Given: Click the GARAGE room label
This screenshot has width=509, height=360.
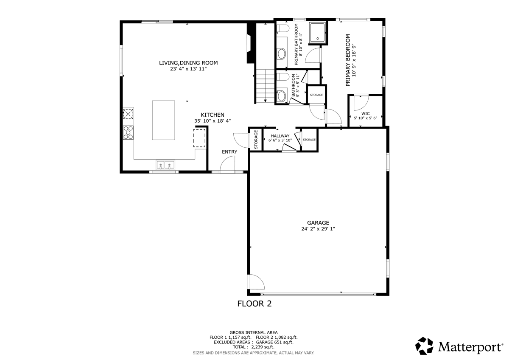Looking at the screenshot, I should [318, 222].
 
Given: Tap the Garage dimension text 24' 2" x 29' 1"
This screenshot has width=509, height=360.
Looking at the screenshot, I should [318, 229].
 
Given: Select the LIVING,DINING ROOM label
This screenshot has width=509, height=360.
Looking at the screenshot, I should [188, 63].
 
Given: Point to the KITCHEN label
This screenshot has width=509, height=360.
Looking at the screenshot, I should [213, 115].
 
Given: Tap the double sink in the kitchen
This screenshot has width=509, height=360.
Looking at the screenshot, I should [165, 165].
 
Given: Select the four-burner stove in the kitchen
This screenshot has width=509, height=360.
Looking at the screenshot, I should [129, 133].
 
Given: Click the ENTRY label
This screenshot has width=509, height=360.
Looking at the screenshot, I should [229, 152].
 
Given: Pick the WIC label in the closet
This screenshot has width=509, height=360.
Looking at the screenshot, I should [366, 113].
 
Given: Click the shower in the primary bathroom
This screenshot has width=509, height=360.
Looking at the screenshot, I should [317, 33].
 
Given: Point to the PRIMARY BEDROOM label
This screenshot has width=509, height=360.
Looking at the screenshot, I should [348, 60].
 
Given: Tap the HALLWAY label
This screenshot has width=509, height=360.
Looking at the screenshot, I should [280, 136].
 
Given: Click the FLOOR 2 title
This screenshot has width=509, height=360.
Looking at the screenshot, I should [254, 304].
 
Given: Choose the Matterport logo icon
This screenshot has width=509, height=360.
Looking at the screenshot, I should [424, 346].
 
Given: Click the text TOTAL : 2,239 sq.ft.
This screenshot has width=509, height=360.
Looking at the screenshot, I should [253, 347].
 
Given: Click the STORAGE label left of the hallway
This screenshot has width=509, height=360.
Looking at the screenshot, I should [256, 139].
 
